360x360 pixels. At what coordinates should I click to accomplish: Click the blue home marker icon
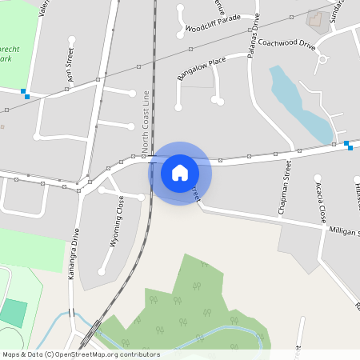[x=180, y=173]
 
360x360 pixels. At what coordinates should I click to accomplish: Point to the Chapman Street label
[x=285, y=187]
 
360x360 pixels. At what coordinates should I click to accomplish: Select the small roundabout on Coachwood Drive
[x=323, y=58]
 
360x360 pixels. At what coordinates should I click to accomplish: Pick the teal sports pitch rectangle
[x=13, y=312]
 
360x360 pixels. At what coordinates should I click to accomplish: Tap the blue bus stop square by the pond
[x=347, y=144]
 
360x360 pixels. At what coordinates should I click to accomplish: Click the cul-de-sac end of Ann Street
[x=72, y=39]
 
